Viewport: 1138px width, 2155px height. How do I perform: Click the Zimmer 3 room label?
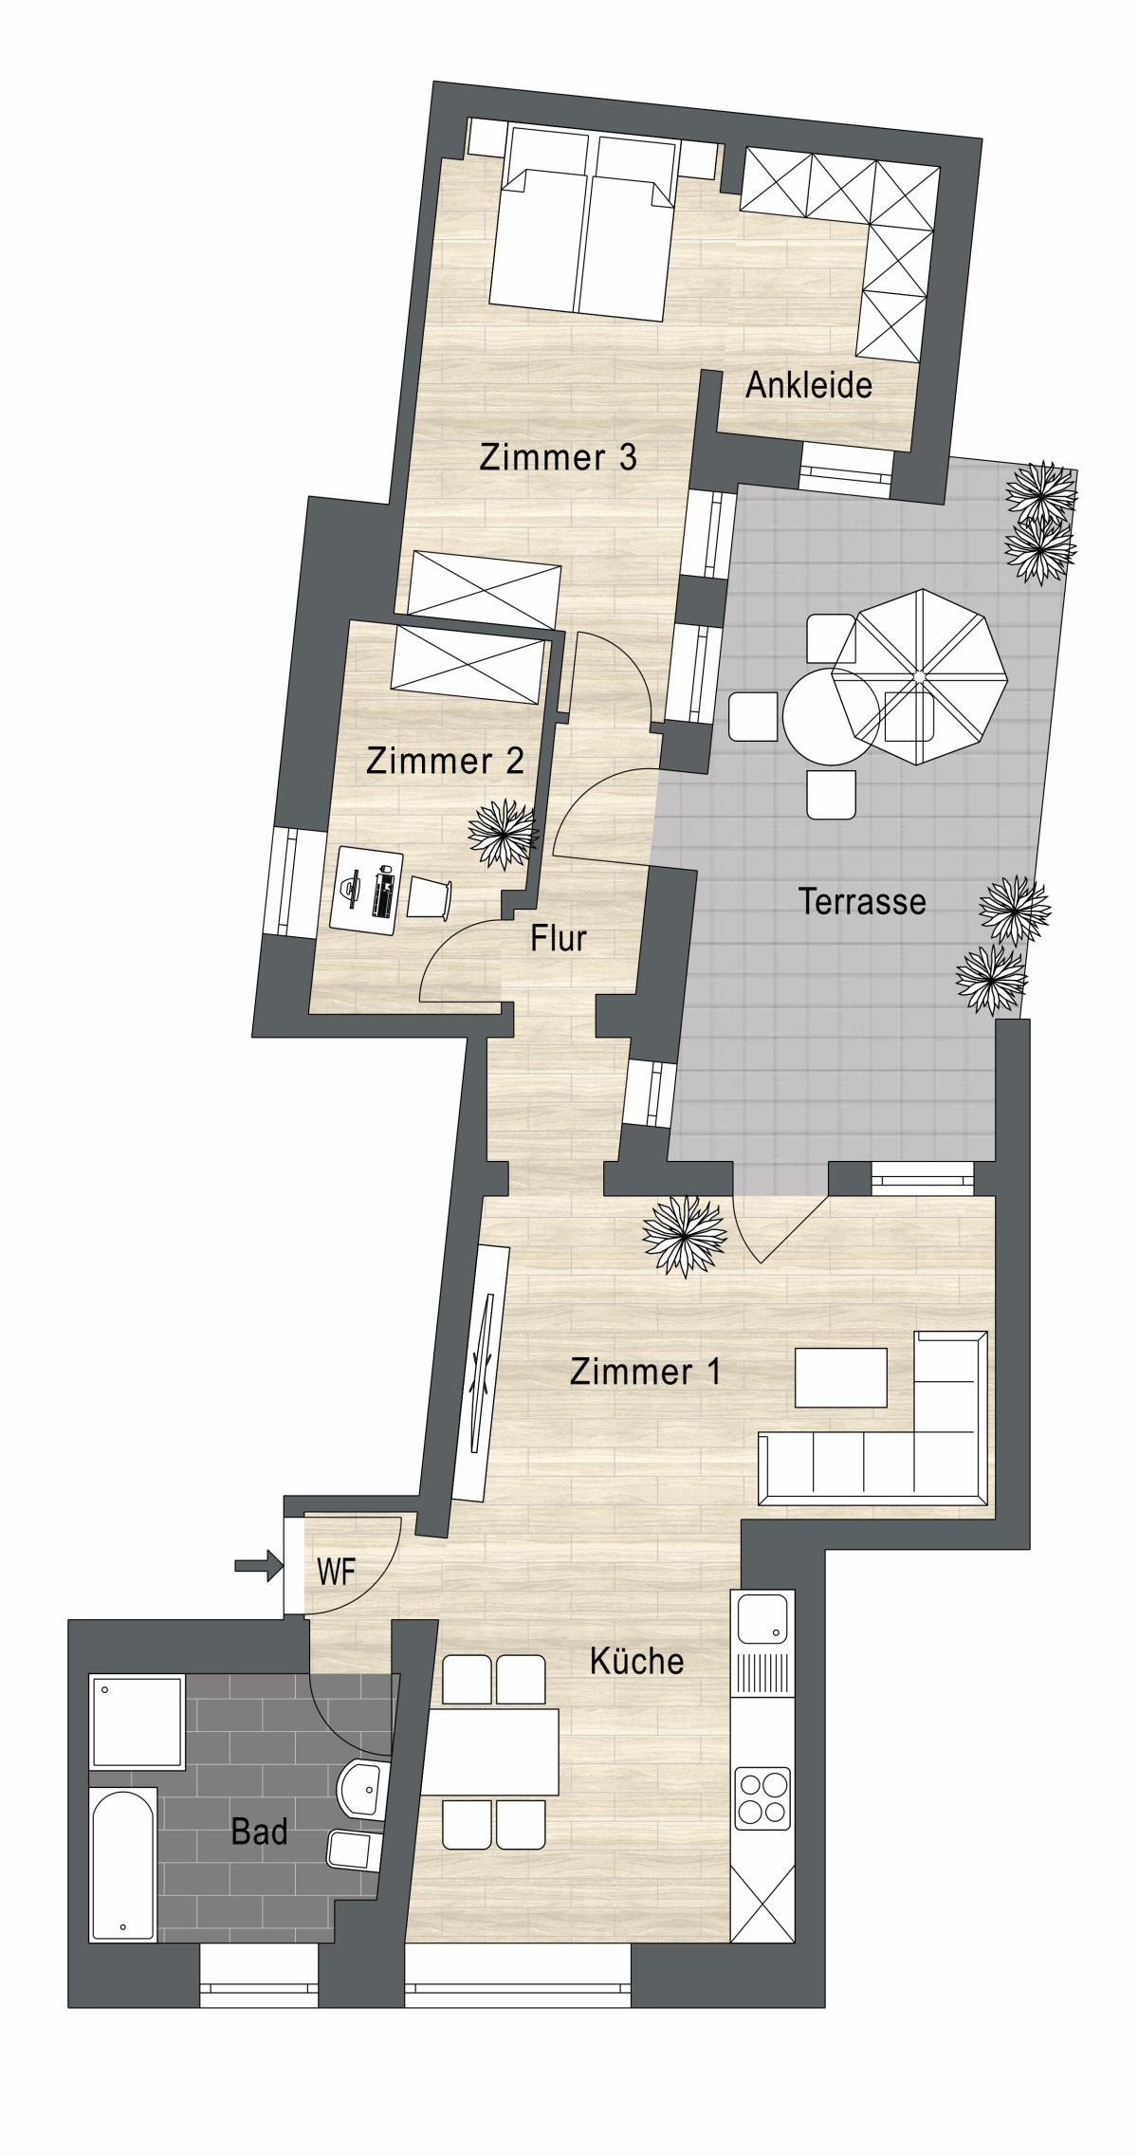(558, 457)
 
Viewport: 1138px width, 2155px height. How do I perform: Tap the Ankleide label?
(809, 385)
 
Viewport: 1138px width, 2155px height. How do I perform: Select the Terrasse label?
(862, 900)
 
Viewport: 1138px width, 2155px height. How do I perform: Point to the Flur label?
(559, 938)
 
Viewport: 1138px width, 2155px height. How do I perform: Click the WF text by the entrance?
(337, 1572)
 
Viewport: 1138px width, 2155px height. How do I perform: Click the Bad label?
(259, 1832)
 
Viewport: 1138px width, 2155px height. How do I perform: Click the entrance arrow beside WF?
(259, 1565)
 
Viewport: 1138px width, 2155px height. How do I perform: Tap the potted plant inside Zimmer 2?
(503, 835)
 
